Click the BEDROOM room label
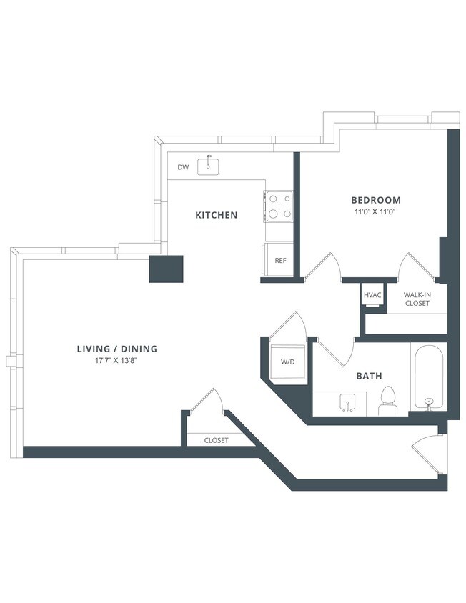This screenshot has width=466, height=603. (x=375, y=200)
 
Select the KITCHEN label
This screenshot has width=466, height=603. (x=217, y=215)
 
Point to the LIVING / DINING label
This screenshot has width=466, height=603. (x=116, y=349)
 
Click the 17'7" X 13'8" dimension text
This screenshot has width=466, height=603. (x=116, y=361)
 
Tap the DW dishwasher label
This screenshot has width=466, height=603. (x=183, y=168)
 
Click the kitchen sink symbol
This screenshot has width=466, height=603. (x=210, y=166)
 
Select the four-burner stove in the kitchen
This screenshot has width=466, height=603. (x=279, y=206)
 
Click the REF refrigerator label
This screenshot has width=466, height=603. (x=280, y=261)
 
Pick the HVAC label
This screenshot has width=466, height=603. (x=372, y=294)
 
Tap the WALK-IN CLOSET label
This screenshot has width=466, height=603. (x=417, y=299)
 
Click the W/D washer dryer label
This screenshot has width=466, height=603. (x=287, y=362)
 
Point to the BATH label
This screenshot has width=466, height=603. (x=369, y=375)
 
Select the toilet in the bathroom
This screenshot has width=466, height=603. (x=388, y=401)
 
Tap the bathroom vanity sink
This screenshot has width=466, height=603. (x=348, y=402)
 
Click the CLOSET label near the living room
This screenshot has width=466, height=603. (x=216, y=440)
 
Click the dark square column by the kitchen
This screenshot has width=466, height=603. (x=167, y=269)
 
